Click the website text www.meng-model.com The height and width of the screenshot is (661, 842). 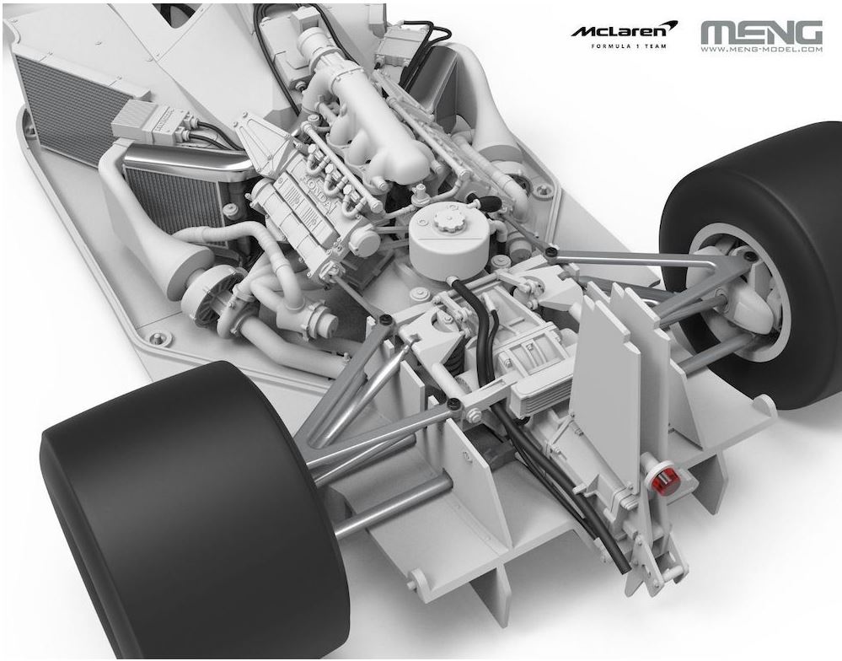(761, 50)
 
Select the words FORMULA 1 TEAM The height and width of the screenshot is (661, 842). (628, 46)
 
